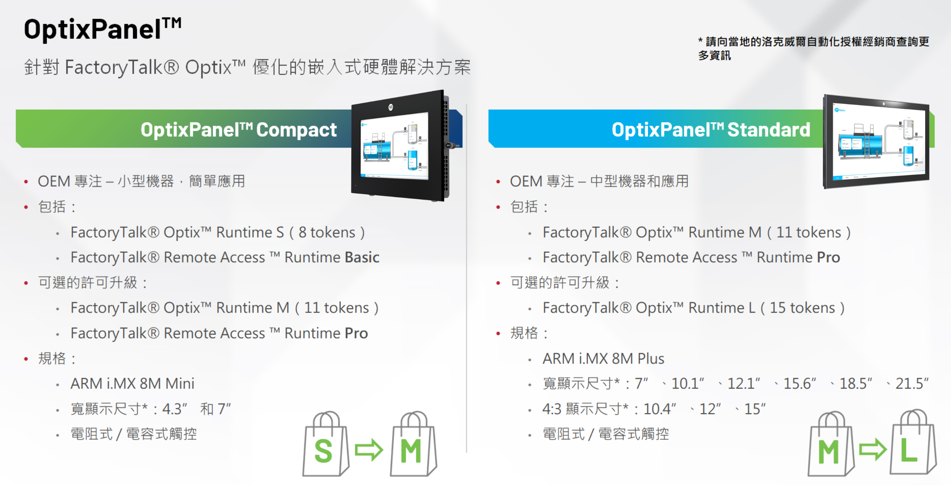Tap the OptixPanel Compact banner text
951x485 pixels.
[x=238, y=130]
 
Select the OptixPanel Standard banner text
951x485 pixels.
[x=711, y=130]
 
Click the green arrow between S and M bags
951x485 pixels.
[x=369, y=450]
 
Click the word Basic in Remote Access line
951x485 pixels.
[x=362, y=257]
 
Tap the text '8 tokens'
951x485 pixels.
[x=327, y=233]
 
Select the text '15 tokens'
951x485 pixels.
[x=802, y=308]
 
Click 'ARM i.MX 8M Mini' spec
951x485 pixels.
[x=132, y=384]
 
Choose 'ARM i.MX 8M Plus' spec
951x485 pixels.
[x=603, y=359]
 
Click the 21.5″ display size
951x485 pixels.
[x=912, y=384]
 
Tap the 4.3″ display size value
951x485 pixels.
[x=175, y=409]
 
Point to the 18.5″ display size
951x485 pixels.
[x=856, y=384]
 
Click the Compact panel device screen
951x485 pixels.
[x=394, y=146]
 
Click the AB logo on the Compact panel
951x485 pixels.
[x=390, y=107]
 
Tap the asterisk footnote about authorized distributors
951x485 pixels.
[x=813, y=48]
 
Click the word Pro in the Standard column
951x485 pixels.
[x=828, y=257]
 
